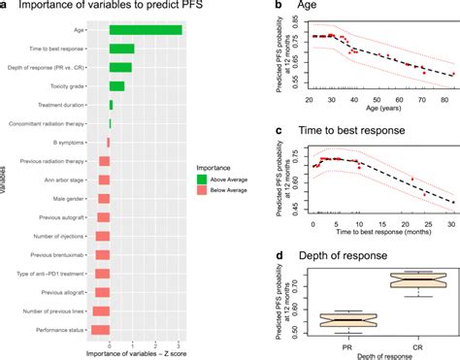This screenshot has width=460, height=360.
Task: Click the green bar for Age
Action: coord(146,30)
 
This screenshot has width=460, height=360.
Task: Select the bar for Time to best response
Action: coord(121,49)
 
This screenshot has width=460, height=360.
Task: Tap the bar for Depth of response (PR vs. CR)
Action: coord(120,67)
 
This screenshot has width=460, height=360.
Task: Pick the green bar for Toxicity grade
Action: coord(116,85)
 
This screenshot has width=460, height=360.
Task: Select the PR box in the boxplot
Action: coord(346,321)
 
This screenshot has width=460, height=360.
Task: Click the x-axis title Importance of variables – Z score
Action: coord(136,353)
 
